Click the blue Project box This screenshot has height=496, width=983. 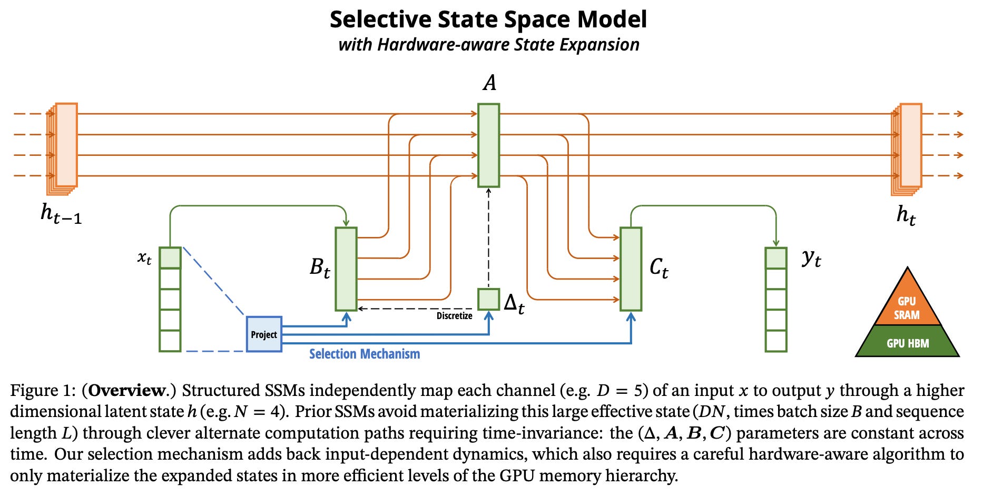pos(264,334)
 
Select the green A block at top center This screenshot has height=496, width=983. pos(488,145)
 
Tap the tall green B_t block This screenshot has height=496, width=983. pos(346,269)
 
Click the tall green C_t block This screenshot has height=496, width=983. pos(631,269)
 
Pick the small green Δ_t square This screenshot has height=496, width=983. pos(488,299)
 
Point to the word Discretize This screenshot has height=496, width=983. pos(454,316)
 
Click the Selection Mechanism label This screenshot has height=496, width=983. pos(365,354)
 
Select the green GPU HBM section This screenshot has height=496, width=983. pos(907,343)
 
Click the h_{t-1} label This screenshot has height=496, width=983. pos(61,213)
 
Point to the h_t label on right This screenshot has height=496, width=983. pos(906,215)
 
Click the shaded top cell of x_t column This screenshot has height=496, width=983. pos(170,258)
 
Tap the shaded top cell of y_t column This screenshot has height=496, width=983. pos(776,258)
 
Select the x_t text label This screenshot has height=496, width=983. pos(144,258)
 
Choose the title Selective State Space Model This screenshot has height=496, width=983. pos(488,19)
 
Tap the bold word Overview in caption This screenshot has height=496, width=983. pos(127,390)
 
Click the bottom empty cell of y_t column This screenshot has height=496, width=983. pos(776,341)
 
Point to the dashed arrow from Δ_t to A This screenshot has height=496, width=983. pos(488,237)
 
